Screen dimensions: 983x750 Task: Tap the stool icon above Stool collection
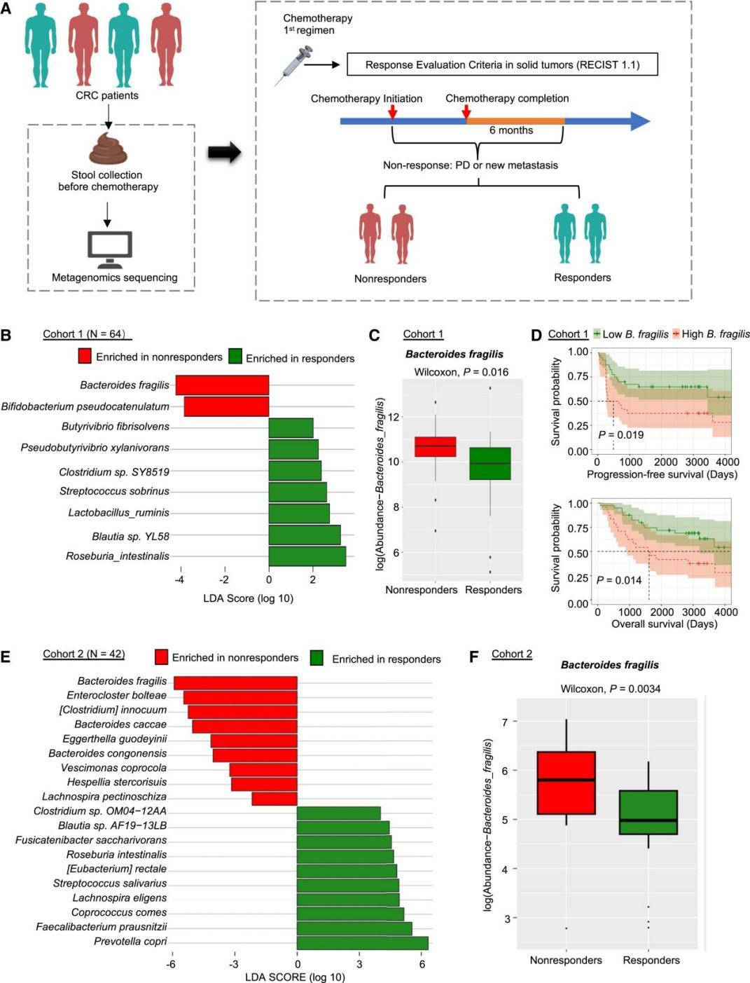coord(108,149)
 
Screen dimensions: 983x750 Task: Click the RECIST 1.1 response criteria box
coord(502,64)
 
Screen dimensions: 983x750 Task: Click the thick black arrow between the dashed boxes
coord(224,152)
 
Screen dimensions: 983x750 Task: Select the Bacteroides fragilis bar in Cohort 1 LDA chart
coord(222,385)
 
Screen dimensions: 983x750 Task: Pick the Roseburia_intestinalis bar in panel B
coord(307,556)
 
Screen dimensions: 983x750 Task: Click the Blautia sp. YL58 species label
coord(130,537)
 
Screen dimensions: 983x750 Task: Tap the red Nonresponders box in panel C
coord(435,446)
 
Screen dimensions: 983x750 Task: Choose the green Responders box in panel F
coord(648,812)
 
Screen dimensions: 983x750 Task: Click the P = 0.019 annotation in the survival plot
coord(620,435)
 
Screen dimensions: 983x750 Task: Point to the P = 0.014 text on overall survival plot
coord(619,580)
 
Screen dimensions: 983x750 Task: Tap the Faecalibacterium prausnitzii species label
coord(102,927)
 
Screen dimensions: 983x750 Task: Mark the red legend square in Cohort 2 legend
coord(162,657)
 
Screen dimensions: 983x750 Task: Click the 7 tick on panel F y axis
coord(504,721)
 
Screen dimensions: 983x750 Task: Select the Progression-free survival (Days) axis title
coord(662,474)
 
